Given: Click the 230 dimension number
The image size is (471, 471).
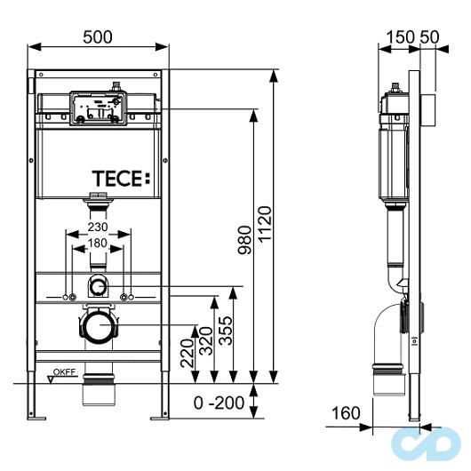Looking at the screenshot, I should tap(100, 227).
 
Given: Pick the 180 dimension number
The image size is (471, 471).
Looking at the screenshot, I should tap(100, 243).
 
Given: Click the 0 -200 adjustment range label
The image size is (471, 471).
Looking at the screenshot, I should tap(219, 403).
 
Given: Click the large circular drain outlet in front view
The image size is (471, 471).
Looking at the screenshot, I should tap(99, 327).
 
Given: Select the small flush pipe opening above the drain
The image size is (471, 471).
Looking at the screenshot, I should tap(99, 286).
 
